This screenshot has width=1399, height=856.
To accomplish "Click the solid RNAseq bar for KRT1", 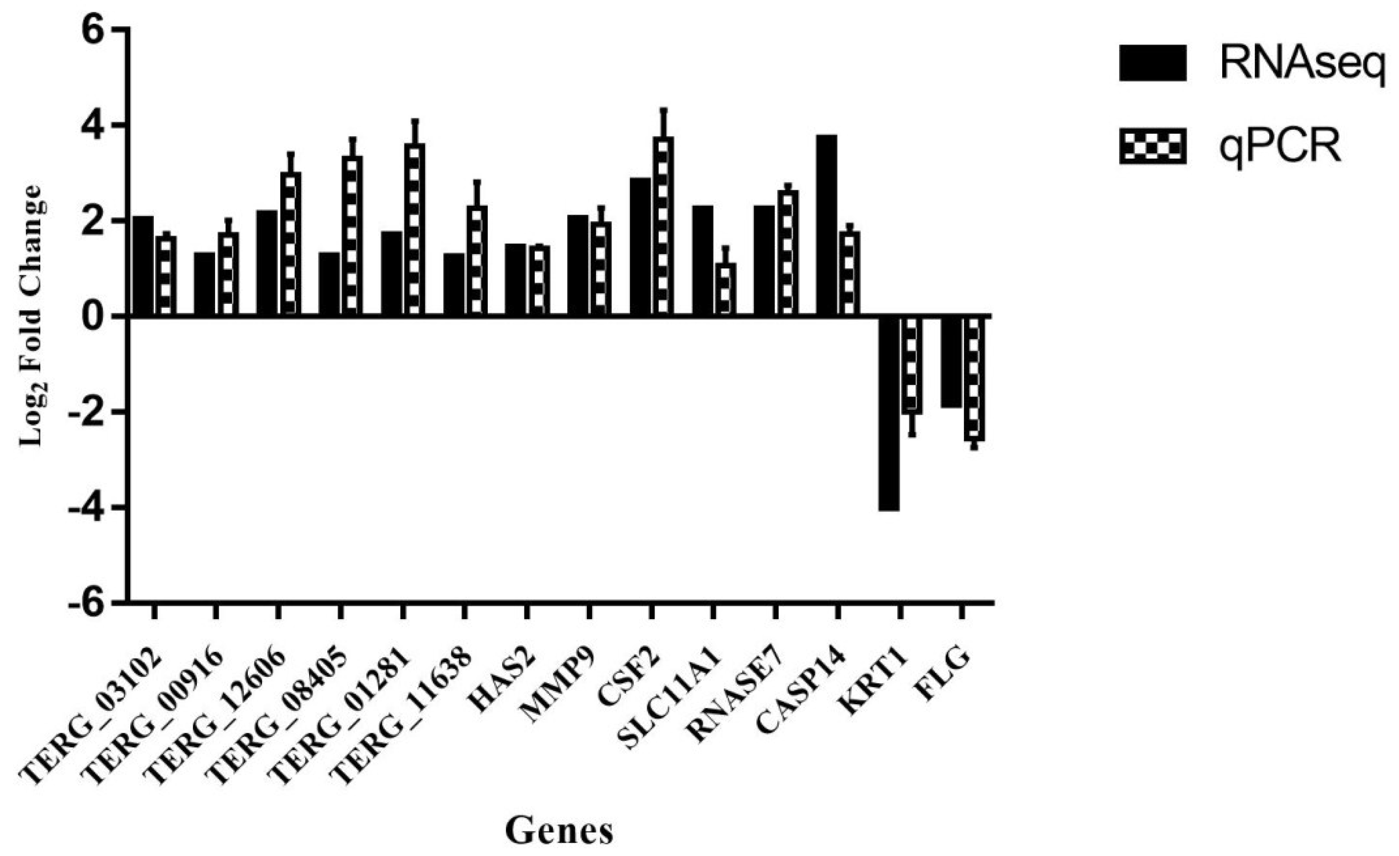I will pos(889,413).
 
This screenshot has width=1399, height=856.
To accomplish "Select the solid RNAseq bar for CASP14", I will pos(826,225).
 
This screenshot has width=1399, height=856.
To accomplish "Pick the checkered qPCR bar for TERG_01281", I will pos(414,230).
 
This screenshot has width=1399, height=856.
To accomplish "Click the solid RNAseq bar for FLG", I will pos(951,361).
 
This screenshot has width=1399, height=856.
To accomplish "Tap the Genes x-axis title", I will pos(559,831).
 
